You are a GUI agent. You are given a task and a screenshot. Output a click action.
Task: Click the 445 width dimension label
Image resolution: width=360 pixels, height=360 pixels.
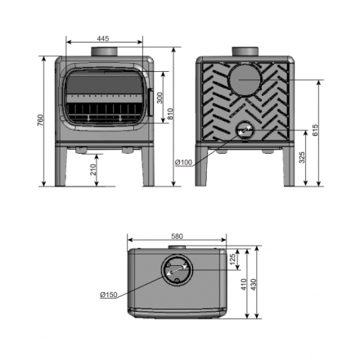(x=103, y=38)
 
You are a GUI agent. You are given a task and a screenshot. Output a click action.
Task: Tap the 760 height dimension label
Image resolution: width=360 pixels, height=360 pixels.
(x=40, y=120)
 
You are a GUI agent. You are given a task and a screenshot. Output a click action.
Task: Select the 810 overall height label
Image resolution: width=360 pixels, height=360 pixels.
(x=170, y=114)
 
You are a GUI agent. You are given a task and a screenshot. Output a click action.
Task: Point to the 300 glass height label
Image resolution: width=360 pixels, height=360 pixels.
(x=160, y=98)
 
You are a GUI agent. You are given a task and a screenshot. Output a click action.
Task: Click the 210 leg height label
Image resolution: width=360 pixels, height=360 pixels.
(x=93, y=169)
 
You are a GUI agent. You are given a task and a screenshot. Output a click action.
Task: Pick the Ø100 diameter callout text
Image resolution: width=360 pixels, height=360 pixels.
(x=183, y=163)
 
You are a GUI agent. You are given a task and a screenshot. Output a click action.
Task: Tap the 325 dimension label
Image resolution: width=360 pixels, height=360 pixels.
(x=302, y=157)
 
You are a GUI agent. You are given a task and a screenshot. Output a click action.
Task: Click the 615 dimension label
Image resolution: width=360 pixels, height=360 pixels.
(x=315, y=130)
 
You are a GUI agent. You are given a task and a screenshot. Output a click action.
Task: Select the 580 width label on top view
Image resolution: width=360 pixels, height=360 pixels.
(x=177, y=236)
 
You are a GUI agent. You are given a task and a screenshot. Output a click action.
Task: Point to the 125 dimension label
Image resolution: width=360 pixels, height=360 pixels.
(x=232, y=259)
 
